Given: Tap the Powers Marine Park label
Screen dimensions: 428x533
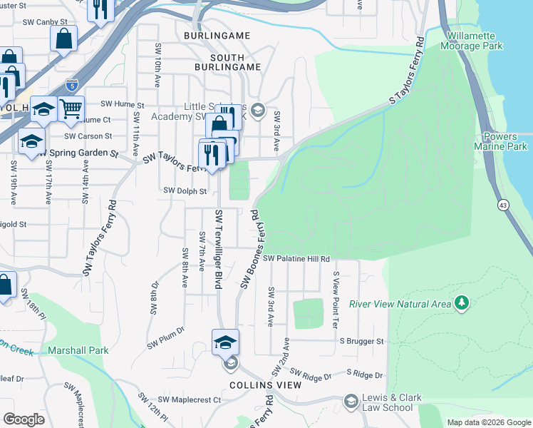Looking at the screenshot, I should point(506,141).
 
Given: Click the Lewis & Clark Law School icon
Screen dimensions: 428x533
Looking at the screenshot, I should point(351,402).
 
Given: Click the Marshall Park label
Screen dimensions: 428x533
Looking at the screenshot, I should point(78,350).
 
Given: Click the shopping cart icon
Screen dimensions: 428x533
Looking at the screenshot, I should point(71,109).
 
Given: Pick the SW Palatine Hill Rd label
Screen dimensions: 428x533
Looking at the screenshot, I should point(296,259).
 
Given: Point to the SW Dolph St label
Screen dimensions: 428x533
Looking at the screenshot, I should point(185,191).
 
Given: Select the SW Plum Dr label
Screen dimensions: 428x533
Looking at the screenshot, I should point(166,338).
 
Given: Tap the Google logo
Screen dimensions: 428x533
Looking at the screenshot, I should point(24,419).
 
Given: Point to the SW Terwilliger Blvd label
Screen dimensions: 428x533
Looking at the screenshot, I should point(219,250).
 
